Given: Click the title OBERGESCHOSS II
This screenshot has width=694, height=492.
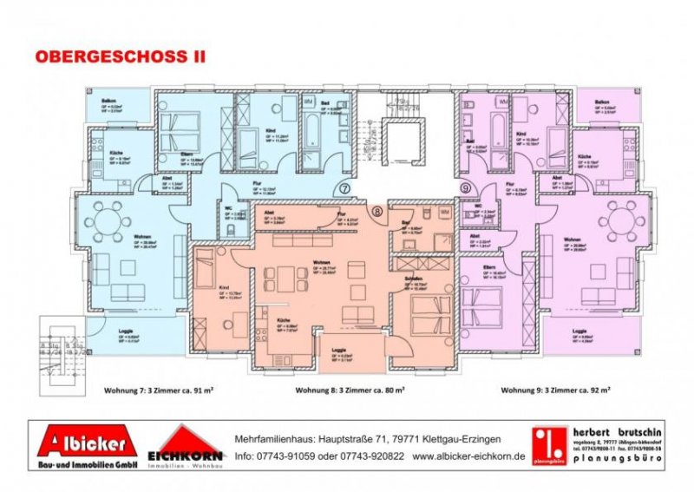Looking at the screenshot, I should coord(121,56).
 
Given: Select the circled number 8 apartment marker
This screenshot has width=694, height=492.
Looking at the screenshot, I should coord(377,211).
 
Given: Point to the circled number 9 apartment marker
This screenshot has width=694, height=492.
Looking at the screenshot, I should coord(465,188).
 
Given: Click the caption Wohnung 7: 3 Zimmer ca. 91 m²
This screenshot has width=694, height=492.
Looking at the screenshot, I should coord(158,390).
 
